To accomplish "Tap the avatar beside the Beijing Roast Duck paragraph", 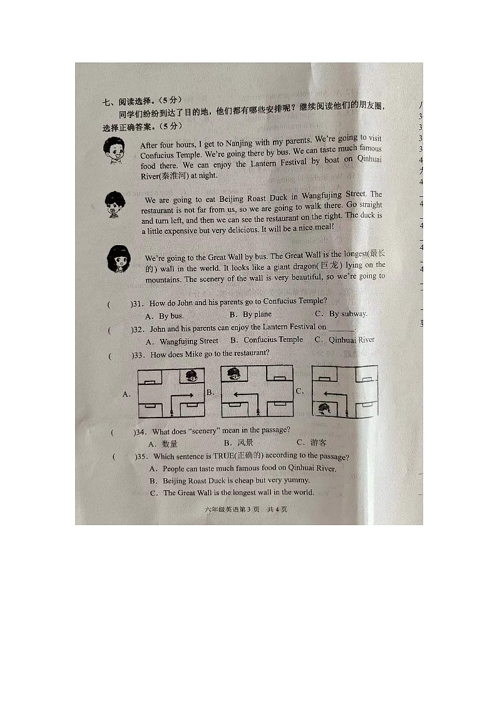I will [115, 204].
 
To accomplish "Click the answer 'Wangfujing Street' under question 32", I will [183, 341].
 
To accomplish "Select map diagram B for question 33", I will [257, 391].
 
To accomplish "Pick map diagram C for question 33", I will [344, 391].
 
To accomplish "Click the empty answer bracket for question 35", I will [123, 456].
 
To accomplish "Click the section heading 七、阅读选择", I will [129, 101].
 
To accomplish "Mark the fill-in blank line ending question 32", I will [341, 328].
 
